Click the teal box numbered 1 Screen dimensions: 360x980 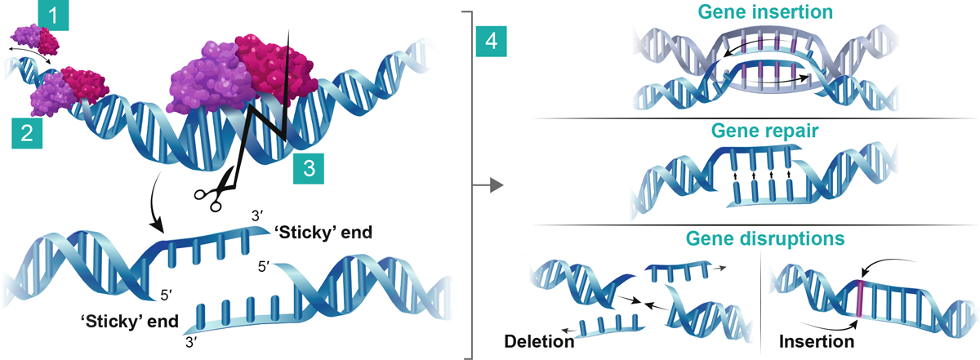[x=51, y=16]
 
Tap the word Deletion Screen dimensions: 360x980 [x=538, y=341]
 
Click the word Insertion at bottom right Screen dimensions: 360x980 [x=817, y=341]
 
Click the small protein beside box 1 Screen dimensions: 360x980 [x=34, y=38]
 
